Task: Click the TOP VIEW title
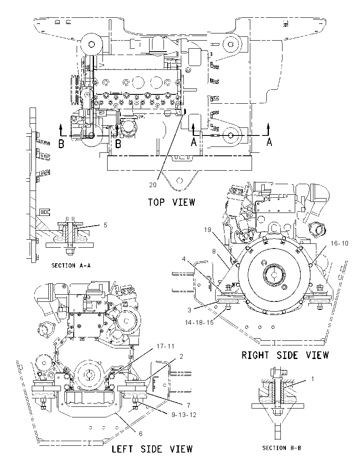pos(172,202)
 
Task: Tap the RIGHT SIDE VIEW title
pos(285,355)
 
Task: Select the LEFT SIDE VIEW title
pos(152,449)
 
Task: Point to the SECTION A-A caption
pos(71,265)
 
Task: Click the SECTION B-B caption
pos(282,448)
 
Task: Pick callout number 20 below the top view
pos(153,185)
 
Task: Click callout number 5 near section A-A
pos(105,225)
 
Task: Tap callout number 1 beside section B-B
pos(313,379)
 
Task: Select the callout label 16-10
pos(339,243)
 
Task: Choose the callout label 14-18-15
pos(199,322)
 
